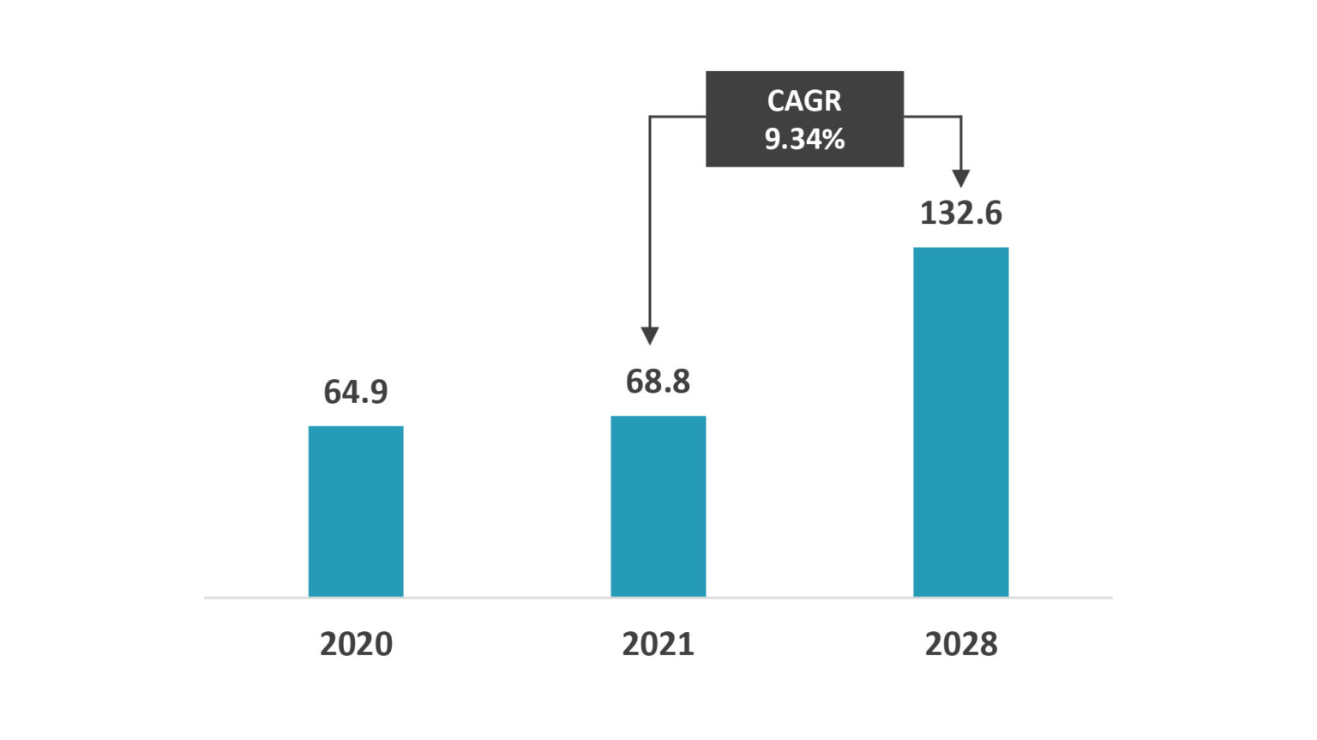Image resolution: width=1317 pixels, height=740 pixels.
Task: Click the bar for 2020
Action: coord(356,511)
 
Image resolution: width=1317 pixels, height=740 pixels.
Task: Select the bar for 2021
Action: coord(658,506)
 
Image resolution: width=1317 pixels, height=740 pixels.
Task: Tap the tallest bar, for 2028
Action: coord(960,422)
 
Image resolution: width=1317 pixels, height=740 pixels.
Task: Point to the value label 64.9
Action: coord(356,392)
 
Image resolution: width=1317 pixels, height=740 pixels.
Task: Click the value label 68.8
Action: coord(658,382)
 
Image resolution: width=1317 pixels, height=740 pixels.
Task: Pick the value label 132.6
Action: coord(960,214)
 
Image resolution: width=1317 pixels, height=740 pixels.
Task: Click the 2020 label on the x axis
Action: coord(356,644)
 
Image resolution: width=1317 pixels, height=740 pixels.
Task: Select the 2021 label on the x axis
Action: coord(658,644)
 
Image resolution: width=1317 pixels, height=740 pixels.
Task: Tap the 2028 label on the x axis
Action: coord(960,644)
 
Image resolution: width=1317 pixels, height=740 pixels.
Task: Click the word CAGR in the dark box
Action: coord(804,101)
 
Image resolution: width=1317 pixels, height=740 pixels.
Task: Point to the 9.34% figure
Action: coord(804,139)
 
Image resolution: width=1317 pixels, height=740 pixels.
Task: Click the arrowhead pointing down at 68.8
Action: coord(650,335)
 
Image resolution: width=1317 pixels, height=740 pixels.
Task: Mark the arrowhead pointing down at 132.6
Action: coord(961,178)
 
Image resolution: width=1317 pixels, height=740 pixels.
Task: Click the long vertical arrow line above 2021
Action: coord(650,223)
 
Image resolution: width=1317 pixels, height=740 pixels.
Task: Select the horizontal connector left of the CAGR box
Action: coord(677,117)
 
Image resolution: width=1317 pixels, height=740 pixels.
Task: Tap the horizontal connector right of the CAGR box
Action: coord(932,117)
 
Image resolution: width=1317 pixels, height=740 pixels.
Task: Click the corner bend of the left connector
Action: coord(650,117)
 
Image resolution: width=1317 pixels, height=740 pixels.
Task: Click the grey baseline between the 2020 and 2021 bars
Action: coord(507,597)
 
